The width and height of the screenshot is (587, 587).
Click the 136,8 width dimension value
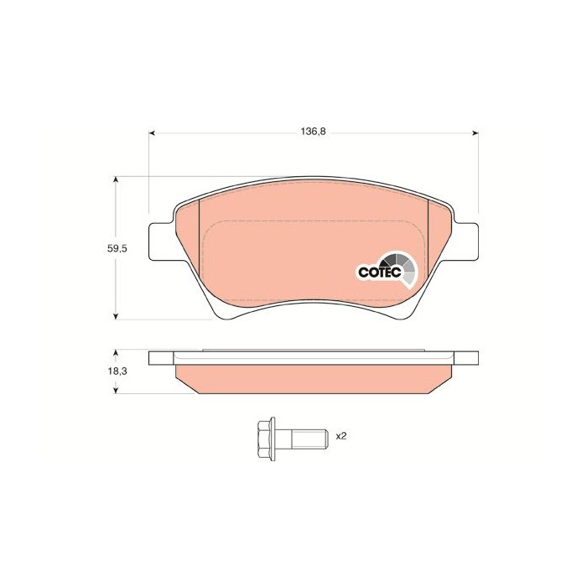pyautogui.click(x=314, y=132)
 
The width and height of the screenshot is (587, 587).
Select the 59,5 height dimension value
pyautogui.click(x=117, y=248)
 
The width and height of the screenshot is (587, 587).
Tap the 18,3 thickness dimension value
pyautogui.click(x=117, y=371)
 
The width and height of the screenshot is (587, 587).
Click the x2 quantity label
pyautogui.click(x=341, y=436)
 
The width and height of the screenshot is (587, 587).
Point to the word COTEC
pyautogui.click(x=380, y=273)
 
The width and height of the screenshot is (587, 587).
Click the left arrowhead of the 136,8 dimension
pyautogui.click(x=152, y=132)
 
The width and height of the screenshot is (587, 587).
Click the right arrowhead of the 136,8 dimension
pyautogui.click(x=475, y=132)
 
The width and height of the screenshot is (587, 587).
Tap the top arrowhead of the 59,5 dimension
pyautogui.click(x=116, y=179)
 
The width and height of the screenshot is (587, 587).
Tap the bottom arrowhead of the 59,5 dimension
pyautogui.click(x=116, y=317)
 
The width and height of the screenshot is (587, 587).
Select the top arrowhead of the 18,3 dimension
pyautogui.click(x=116, y=353)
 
